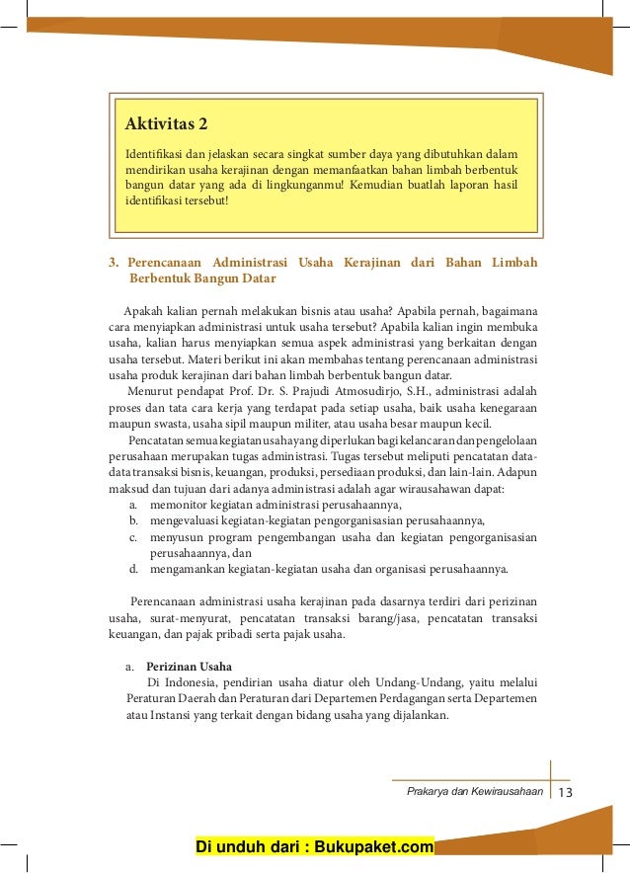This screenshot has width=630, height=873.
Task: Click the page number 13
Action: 566,793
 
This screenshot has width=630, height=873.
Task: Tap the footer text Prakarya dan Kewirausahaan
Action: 474,793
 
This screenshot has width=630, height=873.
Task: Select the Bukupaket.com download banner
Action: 315,847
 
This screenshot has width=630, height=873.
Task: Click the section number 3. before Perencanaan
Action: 114,263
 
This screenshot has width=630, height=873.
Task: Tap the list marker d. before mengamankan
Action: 132,569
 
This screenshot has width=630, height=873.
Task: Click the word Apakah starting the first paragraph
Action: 141,311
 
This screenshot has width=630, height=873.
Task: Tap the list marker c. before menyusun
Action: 132,537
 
